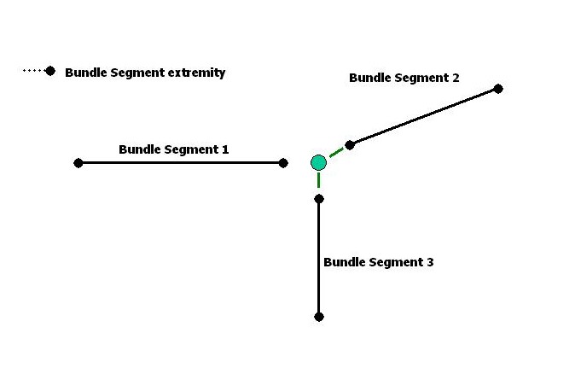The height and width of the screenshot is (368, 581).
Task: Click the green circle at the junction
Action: click(x=318, y=162)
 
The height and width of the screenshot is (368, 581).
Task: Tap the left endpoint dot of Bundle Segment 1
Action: click(x=78, y=163)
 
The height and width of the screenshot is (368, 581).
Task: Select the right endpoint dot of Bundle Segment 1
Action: click(x=283, y=163)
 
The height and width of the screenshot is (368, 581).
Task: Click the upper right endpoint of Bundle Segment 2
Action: click(x=498, y=89)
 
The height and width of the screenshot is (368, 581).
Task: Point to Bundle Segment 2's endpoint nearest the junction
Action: click(x=350, y=145)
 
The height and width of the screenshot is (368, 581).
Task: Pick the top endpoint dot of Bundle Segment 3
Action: click(x=319, y=199)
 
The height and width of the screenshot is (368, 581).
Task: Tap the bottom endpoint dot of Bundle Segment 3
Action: click(x=319, y=317)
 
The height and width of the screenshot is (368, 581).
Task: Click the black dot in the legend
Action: click(x=50, y=71)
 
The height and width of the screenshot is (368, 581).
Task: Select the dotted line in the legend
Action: click(x=34, y=71)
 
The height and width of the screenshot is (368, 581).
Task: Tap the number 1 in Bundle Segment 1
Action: click(x=225, y=149)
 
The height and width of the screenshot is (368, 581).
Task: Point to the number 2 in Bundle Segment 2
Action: click(x=456, y=78)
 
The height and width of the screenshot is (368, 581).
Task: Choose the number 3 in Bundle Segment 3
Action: click(x=430, y=262)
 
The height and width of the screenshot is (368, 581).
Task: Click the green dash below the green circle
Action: click(x=319, y=180)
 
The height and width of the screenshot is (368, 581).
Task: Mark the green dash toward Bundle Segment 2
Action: click(x=336, y=152)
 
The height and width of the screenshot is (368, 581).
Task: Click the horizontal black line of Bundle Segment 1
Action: click(x=181, y=163)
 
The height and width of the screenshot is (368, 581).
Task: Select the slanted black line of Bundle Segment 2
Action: click(x=424, y=117)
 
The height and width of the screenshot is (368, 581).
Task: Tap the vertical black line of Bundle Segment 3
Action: click(x=319, y=258)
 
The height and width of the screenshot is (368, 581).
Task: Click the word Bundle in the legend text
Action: click(x=86, y=73)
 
